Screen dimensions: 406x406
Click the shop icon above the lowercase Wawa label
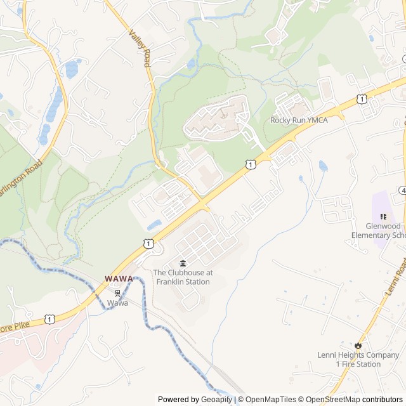point(117,293)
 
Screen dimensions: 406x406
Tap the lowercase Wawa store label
point(117,303)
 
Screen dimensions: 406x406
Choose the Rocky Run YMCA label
point(299,120)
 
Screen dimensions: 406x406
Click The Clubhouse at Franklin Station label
point(183,277)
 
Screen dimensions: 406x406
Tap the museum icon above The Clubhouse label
point(183,263)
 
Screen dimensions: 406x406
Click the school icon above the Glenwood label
point(383,216)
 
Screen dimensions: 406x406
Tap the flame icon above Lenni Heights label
point(358,346)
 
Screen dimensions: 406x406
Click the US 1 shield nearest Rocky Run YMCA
point(361,98)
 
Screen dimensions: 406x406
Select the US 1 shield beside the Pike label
point(49,318)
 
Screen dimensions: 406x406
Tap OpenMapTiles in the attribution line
point(270,400)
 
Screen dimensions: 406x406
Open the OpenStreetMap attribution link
point(334,400)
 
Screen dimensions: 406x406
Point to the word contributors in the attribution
point(383,400)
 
